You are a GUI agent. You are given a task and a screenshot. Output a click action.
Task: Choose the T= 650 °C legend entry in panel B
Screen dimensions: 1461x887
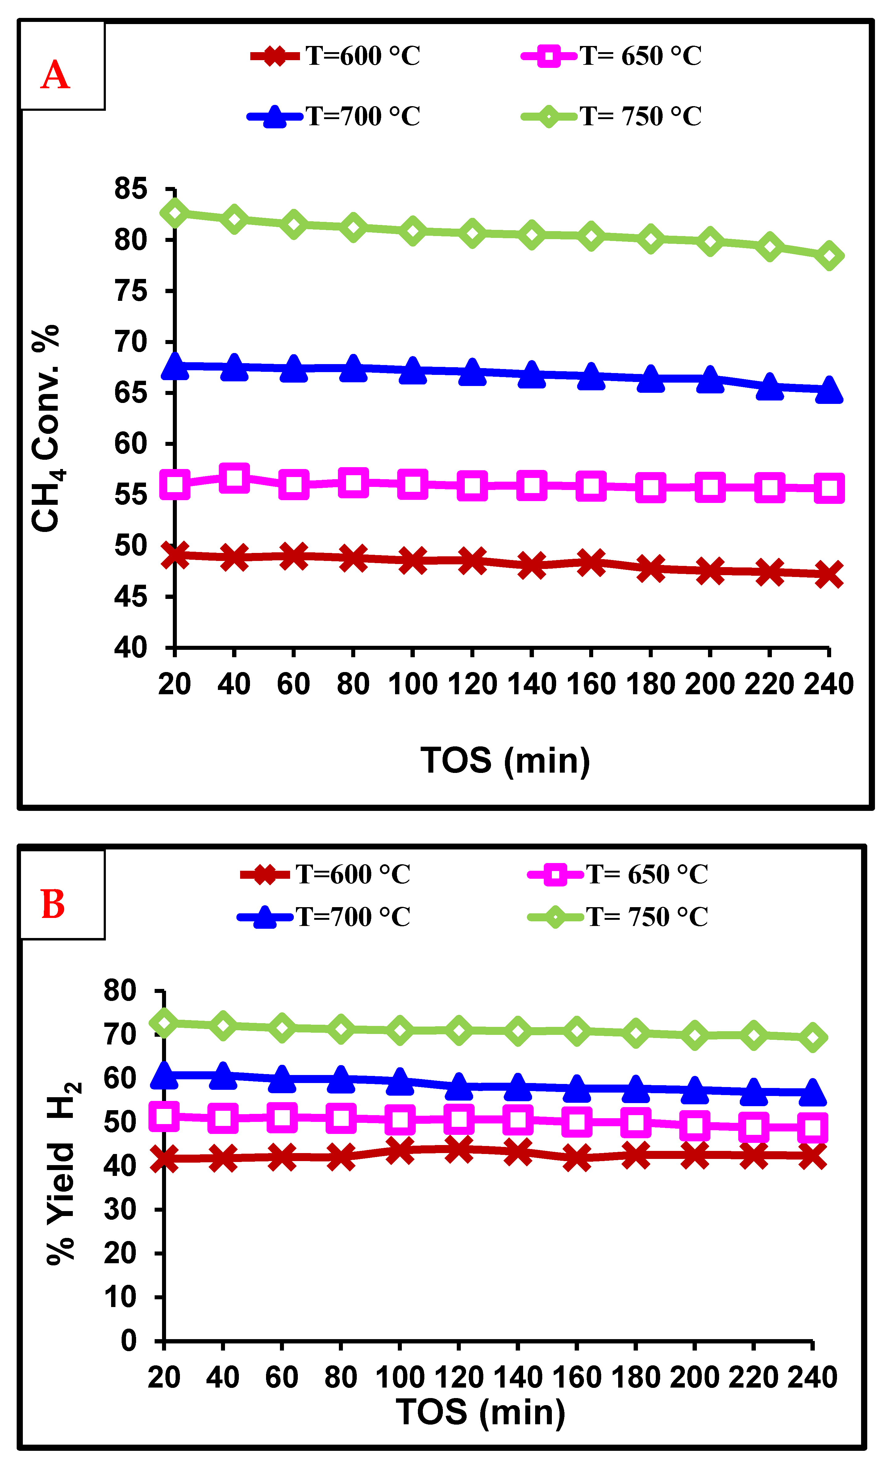618,874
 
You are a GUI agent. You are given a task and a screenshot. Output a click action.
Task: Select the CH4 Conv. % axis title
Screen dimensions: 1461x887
46,428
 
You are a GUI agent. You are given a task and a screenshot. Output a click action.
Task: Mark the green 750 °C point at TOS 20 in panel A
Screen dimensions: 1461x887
175,213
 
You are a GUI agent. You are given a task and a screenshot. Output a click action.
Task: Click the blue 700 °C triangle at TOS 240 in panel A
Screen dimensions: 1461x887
829,390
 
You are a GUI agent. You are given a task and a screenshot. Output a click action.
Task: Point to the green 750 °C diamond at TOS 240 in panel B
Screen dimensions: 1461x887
812,1038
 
